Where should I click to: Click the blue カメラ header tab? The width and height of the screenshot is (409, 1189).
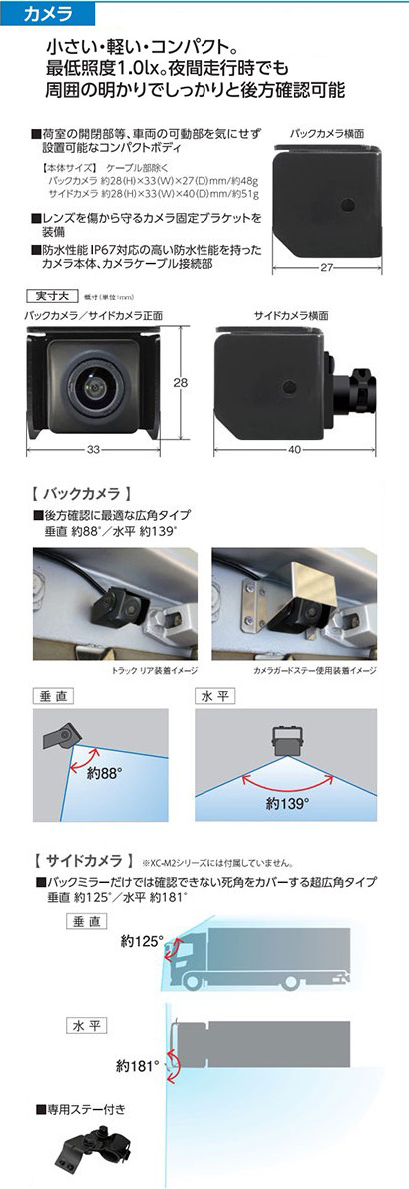click(x=48, y=13)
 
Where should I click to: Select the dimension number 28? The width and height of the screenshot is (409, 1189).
click(x=181, y=383)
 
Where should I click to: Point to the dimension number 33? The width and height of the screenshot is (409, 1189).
click(x=93, y=450)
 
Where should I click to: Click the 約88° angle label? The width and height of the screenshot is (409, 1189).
click(x=104, y=775)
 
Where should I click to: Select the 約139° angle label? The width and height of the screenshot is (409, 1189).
click(x=284, y=803)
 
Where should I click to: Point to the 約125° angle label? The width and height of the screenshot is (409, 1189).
click(x=142, y=942)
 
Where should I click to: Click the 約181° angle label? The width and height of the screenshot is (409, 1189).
click(x=138, y=1064)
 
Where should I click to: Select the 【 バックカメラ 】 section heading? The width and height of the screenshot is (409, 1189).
click(x=83, y=494)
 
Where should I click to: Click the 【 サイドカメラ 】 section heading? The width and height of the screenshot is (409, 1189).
click(x=80, y=861)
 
